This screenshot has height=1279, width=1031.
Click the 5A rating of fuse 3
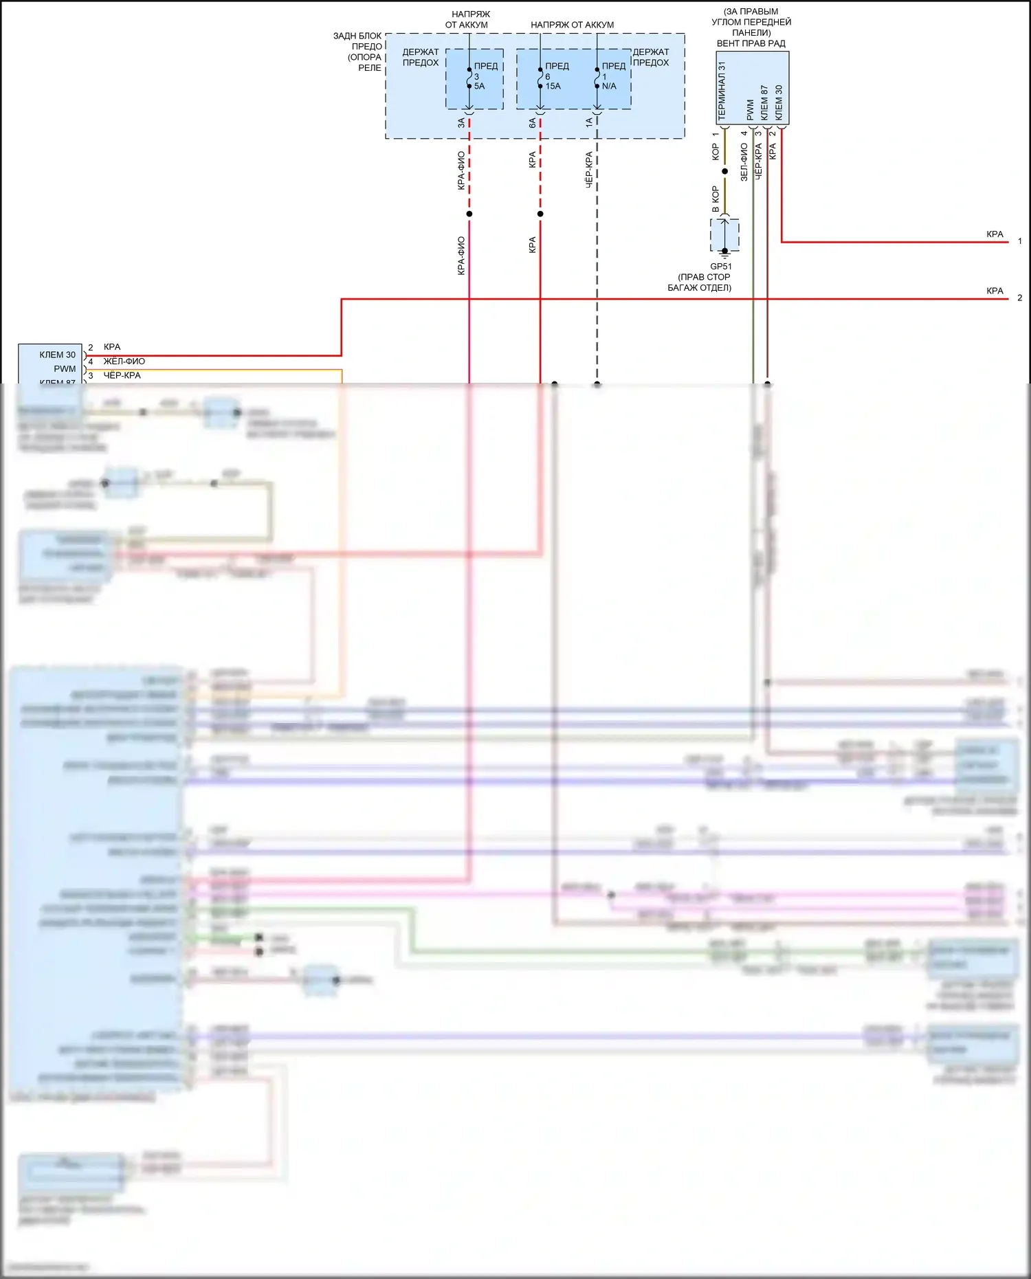coord(479,87)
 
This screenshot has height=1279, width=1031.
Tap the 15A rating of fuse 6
coord(553,87)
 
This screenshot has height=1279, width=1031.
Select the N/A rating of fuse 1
coord(609,87)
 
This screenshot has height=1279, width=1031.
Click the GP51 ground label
coord(720,267)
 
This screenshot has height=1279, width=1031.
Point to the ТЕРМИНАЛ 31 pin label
coord(722,91)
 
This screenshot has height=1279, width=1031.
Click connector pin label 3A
coord(461,123)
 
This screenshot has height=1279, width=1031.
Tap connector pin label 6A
coord(532,123)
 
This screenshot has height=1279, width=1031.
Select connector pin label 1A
coord(589,123)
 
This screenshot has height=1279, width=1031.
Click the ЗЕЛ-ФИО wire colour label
coord(744,162)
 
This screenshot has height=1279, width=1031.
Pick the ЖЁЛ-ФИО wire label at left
coord(124,362)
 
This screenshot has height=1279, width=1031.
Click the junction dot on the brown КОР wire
coord(724,171)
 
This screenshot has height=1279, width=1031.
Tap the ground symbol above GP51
coord(724,251)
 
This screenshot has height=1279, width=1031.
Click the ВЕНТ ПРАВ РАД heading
coord(751,43)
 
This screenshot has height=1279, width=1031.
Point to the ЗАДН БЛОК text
coord(357,36)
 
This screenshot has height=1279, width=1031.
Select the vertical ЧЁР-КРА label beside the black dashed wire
coord(589,170)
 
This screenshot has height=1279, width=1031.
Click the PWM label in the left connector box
coord(65,369)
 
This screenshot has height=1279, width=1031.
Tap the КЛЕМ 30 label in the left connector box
coord(57,355)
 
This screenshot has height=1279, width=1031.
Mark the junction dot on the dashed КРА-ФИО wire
coord(469,214)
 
